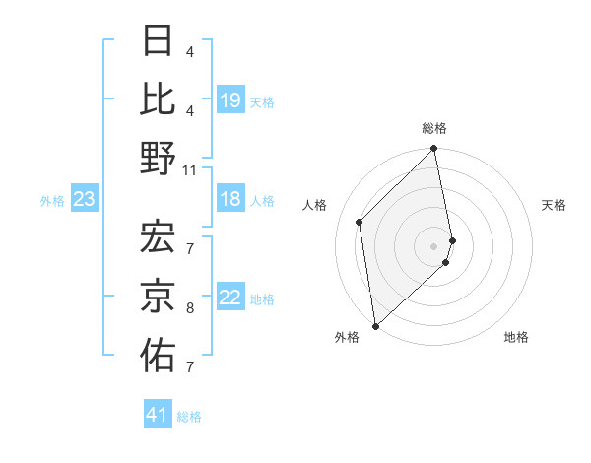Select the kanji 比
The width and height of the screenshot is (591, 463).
point(158,99)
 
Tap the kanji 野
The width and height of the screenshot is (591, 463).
point(158,158)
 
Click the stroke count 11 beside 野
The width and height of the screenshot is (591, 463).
point(190,169)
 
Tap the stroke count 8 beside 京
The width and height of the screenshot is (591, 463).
point(190,308)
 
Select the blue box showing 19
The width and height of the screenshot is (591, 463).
point(230,99)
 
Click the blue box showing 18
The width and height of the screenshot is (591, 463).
point(230,200)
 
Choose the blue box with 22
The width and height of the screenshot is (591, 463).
point(230,298)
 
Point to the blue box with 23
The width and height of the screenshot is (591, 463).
point(85,200)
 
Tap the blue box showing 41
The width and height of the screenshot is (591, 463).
point(158,415)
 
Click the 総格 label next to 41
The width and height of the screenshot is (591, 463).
point(189,417)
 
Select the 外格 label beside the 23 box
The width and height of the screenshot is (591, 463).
point(52,201)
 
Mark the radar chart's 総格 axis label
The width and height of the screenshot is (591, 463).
point(433,129)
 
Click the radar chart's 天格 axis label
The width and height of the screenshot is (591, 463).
point(554,205)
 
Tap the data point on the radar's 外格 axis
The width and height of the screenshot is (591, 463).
point(375,325)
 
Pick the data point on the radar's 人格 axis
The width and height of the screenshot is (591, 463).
point(360,222)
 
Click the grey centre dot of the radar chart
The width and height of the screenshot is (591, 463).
point(433,246)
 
